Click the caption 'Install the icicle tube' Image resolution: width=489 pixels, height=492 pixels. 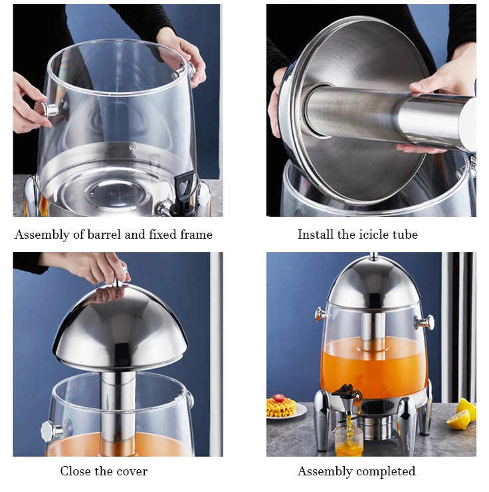coord(357,235)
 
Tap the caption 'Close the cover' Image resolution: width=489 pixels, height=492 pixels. coord(104,471)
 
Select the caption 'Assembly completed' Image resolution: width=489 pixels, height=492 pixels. coord(356,471)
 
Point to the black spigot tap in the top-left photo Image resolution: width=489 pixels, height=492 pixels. coord(185,185)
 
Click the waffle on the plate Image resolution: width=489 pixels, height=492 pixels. coord(280,407)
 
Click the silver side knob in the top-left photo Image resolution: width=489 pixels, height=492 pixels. coord(49,109)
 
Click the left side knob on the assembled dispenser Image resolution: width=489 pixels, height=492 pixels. coord(322,313)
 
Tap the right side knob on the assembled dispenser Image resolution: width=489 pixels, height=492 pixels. coord(424,322)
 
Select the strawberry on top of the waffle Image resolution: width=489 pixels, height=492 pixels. coord(279,398)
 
